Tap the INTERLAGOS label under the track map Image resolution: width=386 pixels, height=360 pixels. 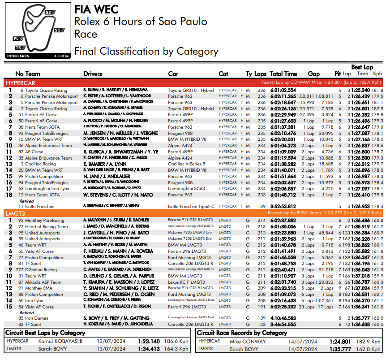click(19, 56)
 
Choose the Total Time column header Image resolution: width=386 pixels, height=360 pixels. click(283, 74)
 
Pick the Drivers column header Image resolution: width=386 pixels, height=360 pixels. click(93, 74)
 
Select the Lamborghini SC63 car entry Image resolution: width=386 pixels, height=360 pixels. click(186, 189)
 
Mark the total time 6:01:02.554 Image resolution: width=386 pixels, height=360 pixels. click(283, 90)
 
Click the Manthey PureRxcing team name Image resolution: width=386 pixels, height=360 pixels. click(44, 221)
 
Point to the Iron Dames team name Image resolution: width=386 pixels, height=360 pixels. click(37, 318)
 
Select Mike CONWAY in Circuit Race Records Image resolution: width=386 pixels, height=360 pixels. click(248, 342)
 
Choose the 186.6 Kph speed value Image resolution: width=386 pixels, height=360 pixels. click(177, 341)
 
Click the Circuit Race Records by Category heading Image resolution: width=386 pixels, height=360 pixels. click(242, 333)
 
